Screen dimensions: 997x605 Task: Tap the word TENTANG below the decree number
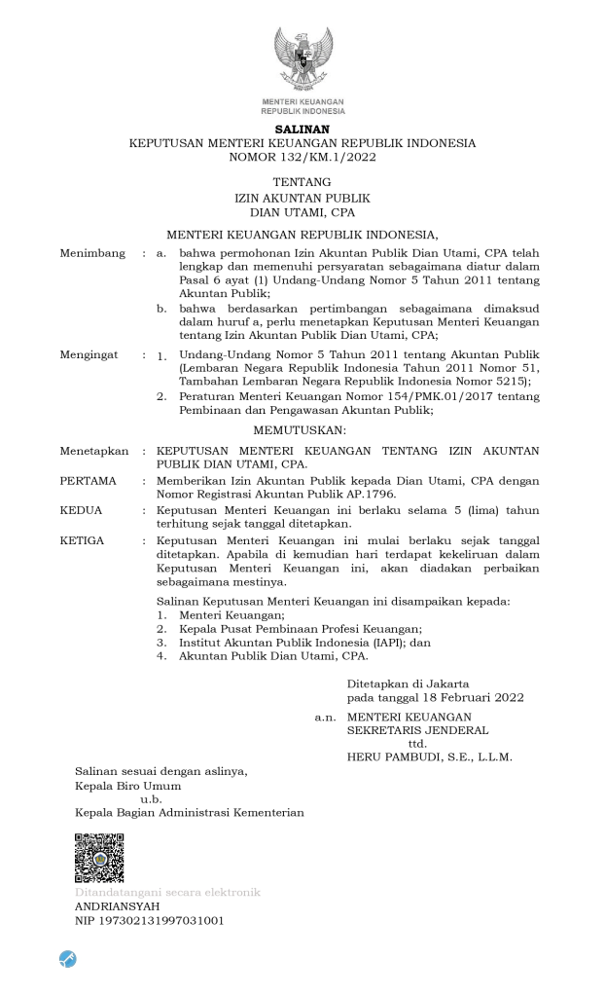302,182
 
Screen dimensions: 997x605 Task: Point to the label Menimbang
92,253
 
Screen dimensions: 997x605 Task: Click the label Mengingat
89,354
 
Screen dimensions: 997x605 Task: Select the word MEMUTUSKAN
302,429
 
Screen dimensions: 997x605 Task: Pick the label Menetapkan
93,452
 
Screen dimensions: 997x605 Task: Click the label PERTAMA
89,481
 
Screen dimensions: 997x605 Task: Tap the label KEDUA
82,509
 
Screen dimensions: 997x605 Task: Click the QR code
99,858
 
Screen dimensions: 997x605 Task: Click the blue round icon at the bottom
68,958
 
